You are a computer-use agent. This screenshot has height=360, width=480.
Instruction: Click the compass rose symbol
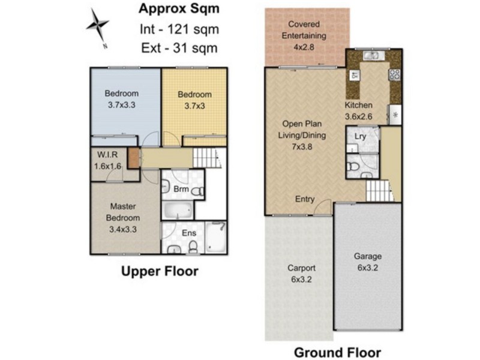tap(97, 26)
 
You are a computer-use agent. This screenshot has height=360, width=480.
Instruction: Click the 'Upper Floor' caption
tap(160, 272)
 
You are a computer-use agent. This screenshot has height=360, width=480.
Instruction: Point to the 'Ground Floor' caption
tap(337, 352)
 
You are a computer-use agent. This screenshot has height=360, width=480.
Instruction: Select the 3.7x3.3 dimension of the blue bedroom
tap(122, 104)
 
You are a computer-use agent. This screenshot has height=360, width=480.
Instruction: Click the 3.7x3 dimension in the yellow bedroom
tap(194, 105)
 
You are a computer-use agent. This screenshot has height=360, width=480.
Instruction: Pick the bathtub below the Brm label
tap(176, 211)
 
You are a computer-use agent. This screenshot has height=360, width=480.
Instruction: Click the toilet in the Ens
tap(193, 247)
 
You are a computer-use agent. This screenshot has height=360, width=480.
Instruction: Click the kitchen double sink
tap(373, 56)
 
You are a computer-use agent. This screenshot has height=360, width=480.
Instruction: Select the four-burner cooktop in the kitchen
tap(395, 75)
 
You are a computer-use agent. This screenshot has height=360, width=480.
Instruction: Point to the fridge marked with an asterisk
tap(395, 113)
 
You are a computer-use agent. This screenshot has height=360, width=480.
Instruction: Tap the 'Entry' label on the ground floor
tap(304, 199)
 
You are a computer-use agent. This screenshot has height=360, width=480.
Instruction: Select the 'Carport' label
tap(301, 268)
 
